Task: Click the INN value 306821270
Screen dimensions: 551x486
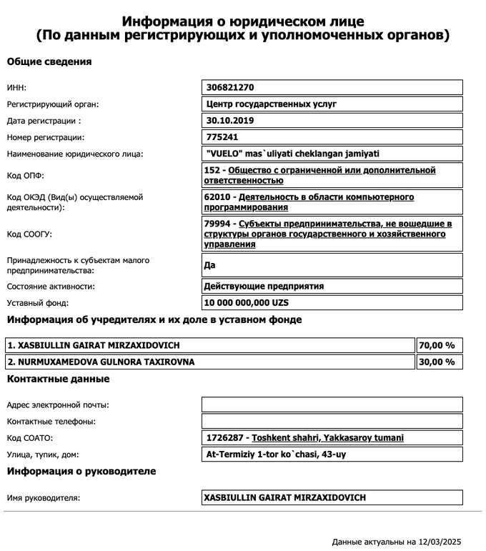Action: pyautogui.click(x=230, y=87)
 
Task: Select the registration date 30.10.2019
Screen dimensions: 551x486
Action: pyautogui.click(x=229, y=120)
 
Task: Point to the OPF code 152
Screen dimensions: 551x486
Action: pyautogui.click(x=213, y=171)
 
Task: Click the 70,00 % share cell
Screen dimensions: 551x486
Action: pyautogui.click(x=437, y=345)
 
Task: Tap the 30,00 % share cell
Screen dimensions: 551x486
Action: pyautogui.click(x=437, y=362)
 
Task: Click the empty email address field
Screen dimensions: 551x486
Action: pyautogui.click(x=332, y=404)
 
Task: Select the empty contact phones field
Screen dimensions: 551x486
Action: pyautogui.click(x=332, y=421)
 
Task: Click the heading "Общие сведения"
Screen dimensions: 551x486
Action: pyautogui.click(x=49, y=61)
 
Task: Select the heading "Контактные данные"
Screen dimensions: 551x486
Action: pyautogui.click(x=58, y=379)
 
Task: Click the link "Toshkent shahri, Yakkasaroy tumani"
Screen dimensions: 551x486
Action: pyautogui.click(x=332, y=438)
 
